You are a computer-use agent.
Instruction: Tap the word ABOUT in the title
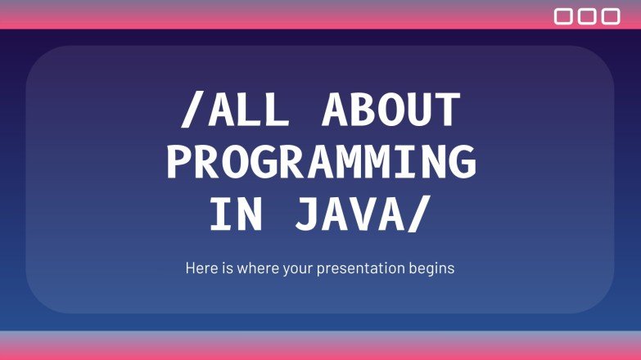(390, 111)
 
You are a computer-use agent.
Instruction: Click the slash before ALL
(190, 111)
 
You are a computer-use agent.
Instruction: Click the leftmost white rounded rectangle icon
(563, 16)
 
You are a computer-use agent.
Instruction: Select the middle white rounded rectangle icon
(587, 16)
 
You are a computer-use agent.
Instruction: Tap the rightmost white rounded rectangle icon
(611, 16)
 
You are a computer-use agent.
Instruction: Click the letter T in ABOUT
(446, 111)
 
